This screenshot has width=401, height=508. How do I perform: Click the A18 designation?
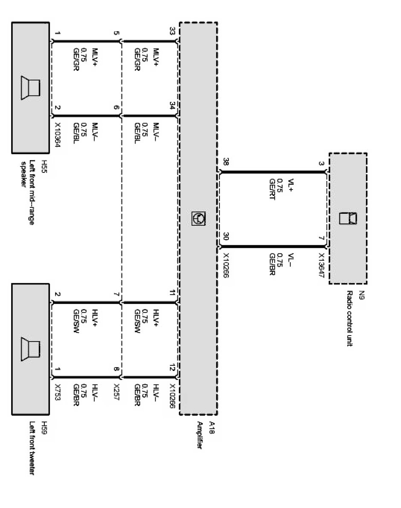coord(212,427)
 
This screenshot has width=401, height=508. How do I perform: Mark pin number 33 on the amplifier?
coord(172,32)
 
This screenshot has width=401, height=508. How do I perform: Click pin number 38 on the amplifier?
coord(225,163)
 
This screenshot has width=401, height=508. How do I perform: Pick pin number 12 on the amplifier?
coord(172,367)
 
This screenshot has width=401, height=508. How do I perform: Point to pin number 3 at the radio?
coord(321,164)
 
